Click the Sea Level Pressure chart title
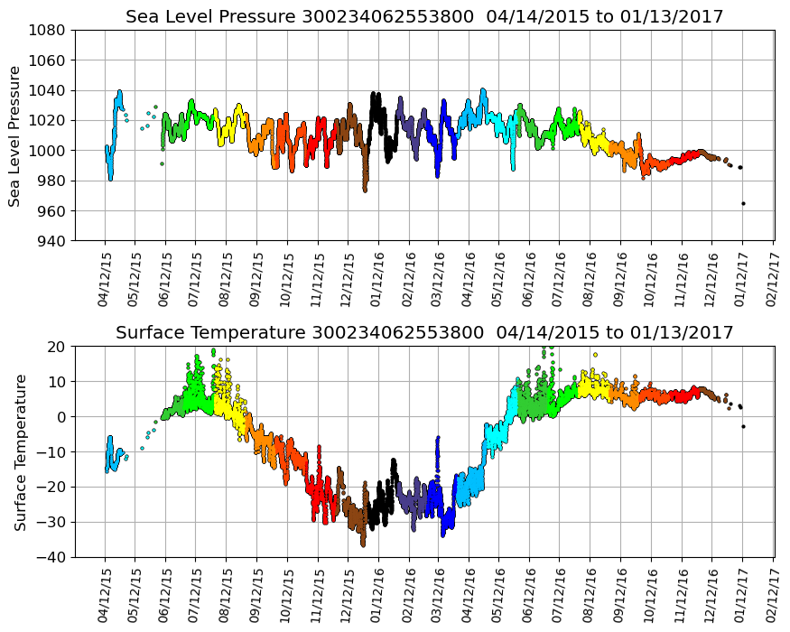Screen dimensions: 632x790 coord(424,16)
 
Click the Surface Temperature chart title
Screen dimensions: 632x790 coord(424,333)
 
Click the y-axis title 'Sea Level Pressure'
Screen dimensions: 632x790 coord(14,135)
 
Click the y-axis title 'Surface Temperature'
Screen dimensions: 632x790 coord(19,451)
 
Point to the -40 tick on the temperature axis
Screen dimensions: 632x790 coord(50,557)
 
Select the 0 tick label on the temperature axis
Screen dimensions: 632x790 coord(60,417)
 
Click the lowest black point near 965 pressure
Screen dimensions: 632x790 coord(743,203)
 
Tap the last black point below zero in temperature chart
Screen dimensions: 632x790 coord(743,426)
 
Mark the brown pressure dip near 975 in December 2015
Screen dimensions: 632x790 coord(365,188)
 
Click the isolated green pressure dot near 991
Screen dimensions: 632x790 coord(163,163)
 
